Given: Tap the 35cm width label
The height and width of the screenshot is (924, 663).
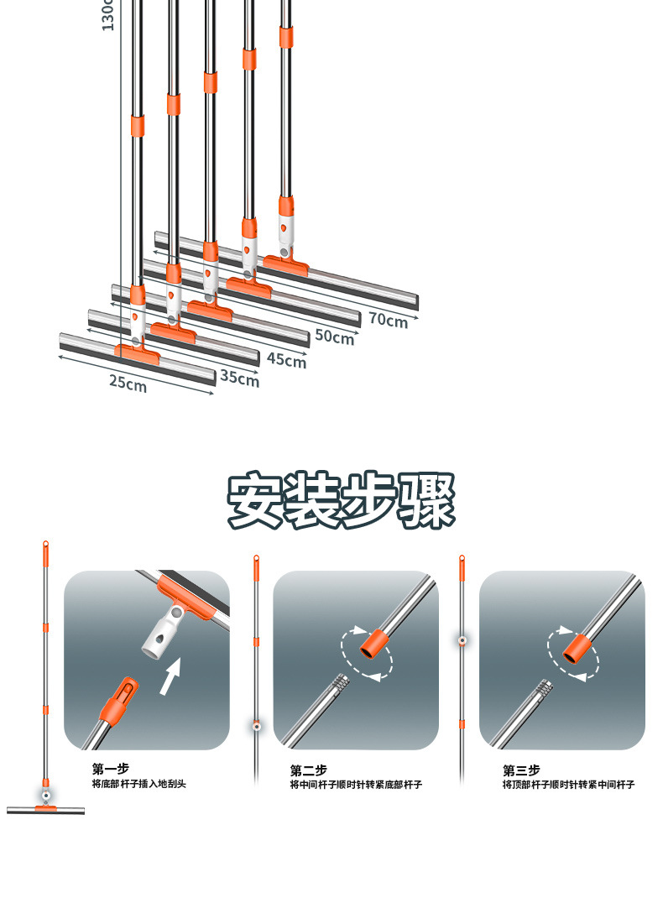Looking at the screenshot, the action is point(239,378).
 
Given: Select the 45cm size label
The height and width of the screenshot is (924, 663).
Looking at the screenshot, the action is point(286,360).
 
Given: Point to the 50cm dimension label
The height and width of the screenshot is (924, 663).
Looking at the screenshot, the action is point(334,337).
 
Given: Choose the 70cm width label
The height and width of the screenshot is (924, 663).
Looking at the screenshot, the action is point(388,319).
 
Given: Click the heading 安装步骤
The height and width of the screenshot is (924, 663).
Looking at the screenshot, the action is point(341,501).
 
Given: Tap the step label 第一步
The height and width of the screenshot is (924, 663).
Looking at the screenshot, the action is point(111,769).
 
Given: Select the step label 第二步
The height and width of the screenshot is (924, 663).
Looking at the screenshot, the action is point(309,770).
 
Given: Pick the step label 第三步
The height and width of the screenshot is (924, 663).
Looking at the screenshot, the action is point(521,770).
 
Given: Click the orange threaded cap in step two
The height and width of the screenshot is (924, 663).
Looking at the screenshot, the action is point(373,645).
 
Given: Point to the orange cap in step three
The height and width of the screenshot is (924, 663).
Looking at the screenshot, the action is point(577,647).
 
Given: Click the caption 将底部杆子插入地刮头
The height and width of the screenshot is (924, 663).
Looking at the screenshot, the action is point(138,784).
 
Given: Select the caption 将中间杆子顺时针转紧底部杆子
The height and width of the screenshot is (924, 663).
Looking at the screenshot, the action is point(356,784).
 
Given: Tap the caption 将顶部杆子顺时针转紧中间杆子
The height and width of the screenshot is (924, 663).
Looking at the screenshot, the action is point(568,784).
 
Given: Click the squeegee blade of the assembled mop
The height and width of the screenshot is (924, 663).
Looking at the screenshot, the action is point(45,811).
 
